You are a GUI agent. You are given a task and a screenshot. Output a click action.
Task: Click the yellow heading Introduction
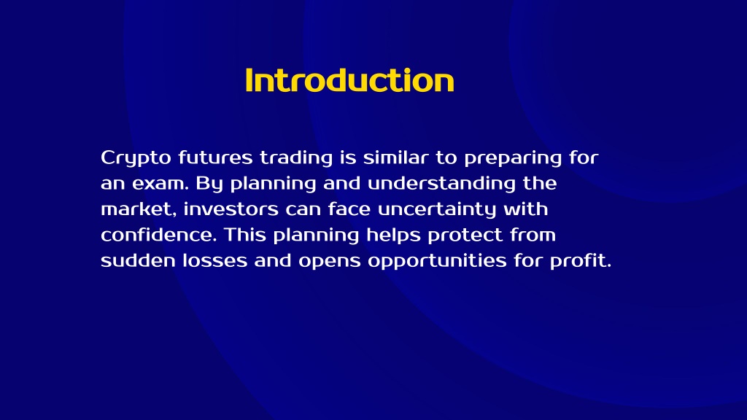pyautogui.click(x=349, y=80)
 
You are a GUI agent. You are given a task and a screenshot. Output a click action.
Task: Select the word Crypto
pyautogui.click(x=136, y=158)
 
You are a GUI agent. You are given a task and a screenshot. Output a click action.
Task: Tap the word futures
pyautogui.click(x=215, y=157)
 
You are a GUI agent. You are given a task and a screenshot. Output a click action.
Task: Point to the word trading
pyautogui.click(x=296, y=158)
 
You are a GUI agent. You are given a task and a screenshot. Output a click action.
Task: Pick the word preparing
pyautogui.click(x=513, y=158)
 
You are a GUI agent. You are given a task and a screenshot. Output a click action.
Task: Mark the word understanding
pyautogui.click(x=441, y=184)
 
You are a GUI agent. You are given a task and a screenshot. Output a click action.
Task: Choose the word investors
pyautogui.click(x=231, y=209)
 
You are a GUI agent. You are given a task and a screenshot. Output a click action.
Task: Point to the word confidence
pyautogui.click(x=159, y=234)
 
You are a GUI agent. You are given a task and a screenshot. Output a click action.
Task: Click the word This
pyautogui.click(x=245, y=234)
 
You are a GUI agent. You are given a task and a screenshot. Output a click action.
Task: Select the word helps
pyautogui.click(x=393, y=236)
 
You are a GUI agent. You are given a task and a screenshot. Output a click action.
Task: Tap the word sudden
pyautogui.click(x=138, y=260)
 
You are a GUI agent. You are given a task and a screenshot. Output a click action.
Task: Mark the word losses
pyautogui.click(x=215, y=260)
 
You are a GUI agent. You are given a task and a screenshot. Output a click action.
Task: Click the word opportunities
pyautogui.click(x=438, y=261)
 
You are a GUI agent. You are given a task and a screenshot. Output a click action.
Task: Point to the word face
pyautogui.click(x=349, y=209)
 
